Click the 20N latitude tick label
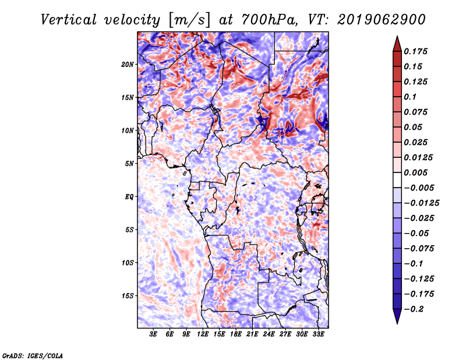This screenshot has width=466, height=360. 128,65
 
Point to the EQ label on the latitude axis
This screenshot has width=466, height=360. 129,197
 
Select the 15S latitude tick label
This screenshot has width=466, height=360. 128,296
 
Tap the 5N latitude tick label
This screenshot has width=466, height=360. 129,164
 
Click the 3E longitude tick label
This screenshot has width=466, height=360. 153,334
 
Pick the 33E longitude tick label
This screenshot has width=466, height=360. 318,334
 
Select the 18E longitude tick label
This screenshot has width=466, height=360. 236,334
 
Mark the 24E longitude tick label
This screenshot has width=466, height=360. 269,334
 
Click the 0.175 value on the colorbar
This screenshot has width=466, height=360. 415,51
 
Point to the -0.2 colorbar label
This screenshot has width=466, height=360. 414,309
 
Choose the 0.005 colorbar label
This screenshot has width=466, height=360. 415,172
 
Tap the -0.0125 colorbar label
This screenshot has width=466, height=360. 421,203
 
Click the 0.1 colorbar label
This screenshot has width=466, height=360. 410,97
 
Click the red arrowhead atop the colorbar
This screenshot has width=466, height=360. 397,44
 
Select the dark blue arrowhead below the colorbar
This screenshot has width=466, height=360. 397,316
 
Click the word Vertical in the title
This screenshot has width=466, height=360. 69,20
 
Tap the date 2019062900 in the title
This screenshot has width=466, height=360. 382,20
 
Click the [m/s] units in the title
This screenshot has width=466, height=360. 189,20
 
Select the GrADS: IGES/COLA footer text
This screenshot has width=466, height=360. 33,355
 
